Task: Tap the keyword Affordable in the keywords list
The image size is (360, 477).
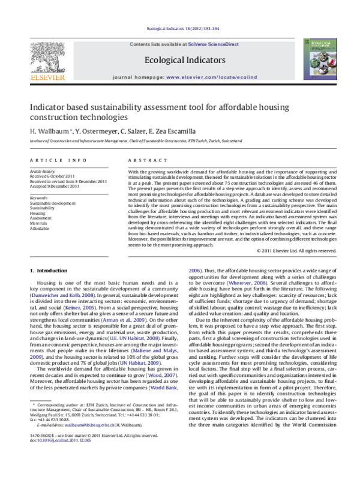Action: tap(40, 229)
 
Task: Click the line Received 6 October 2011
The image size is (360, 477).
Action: tap(53, 176)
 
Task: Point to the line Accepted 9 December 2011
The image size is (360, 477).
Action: tap(55, 186)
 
